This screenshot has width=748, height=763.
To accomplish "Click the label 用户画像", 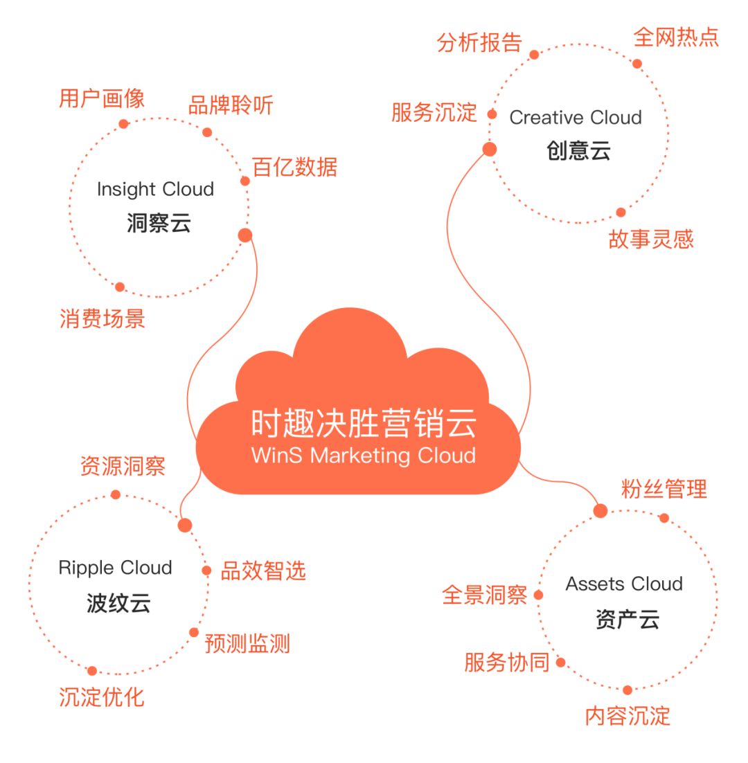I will point(102,99).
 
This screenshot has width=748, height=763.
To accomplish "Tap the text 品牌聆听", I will point(231,106).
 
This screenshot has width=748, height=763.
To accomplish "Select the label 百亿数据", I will point(294,168).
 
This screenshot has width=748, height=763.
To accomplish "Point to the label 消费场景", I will point(102,319).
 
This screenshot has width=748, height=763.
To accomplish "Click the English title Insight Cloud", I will point(155,189).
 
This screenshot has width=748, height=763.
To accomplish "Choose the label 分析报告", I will point(479,43).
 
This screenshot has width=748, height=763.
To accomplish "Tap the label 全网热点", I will point(676,37).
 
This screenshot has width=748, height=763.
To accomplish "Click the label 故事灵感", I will point(650,240).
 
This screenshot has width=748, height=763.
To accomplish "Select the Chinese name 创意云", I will point(578,151).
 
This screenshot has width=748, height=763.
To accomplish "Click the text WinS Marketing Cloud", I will point(364,456).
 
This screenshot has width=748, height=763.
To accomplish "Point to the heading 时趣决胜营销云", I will point(364,424).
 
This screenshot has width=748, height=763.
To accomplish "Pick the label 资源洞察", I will point(123,466).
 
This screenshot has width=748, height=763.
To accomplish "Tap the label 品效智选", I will point(262,571).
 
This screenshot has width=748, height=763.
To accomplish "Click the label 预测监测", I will point(247,644).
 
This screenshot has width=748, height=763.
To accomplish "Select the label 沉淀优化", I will point(102,697).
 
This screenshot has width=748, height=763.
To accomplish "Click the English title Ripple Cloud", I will point(115,568).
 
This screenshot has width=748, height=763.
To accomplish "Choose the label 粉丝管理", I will point(664,490).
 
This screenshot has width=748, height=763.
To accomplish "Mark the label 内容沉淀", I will point(627,716).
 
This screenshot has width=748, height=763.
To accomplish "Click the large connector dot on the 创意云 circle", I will point(490,149).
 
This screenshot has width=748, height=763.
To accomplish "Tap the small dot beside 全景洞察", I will point(538,595).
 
